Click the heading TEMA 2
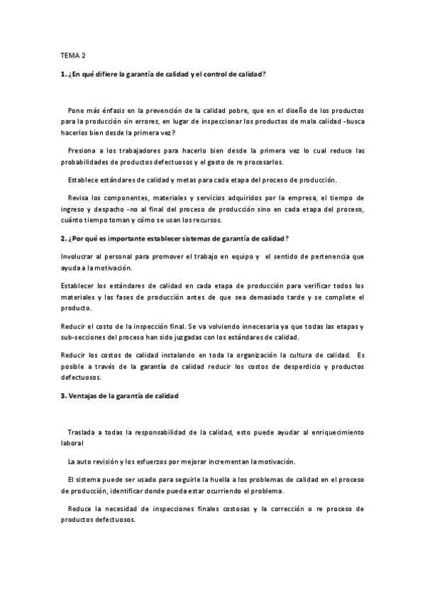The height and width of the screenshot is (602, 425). coord(72,55)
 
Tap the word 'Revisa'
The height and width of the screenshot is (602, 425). coord(79,197)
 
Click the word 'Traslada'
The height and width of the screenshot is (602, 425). coord(84,432)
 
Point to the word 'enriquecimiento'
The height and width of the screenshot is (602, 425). coord(335,432)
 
